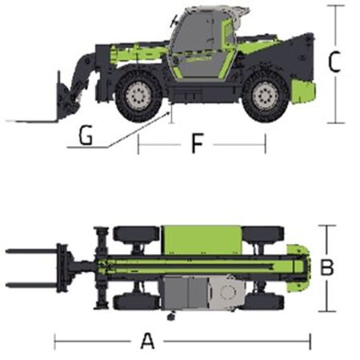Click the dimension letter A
coord(147,341)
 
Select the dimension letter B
coord(326,267)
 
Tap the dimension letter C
coord(334,62)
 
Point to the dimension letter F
coord(198,143)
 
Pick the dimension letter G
coord(86,135)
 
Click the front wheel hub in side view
coord(138,95)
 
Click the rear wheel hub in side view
coord(265,95)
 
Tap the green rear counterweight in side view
coord(303,91)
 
